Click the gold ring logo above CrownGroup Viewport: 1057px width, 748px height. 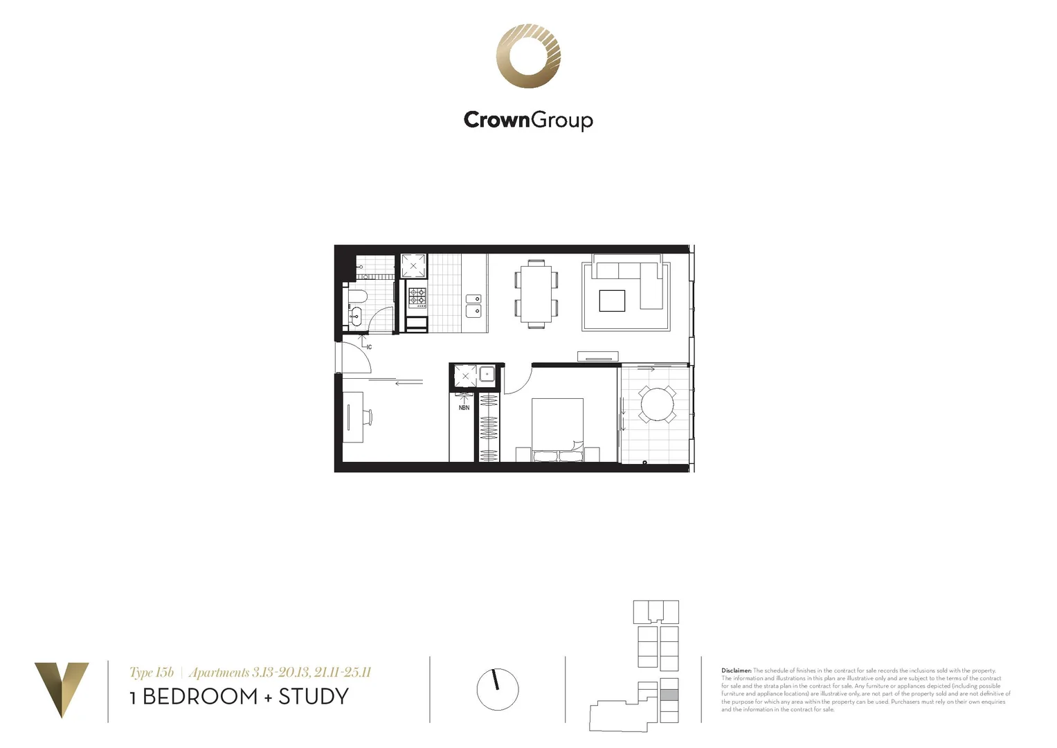click(x=528, y=56)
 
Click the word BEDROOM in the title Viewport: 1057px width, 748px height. click(x=199, y=697)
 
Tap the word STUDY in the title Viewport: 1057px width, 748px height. click(x=314, y=697)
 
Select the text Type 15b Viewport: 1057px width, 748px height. click(x=151, y=673)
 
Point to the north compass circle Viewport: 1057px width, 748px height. click(x=497, y=689)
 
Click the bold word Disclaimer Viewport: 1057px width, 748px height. click(x=736, y=670)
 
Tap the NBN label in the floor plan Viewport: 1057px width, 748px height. click(x=464, y=408)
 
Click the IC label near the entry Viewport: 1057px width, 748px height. click(x=369, y=347)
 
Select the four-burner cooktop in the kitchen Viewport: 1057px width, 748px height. click(x=417, y=296)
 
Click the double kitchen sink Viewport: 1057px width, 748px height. click(x=473, y=305)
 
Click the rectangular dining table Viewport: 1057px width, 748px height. click(x=536, y=294)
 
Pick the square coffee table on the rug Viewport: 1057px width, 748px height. click(x=612, y=301)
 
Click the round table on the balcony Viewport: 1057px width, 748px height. click(x=657, y=404)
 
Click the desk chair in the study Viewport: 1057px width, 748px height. click(x=368, y=417)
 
